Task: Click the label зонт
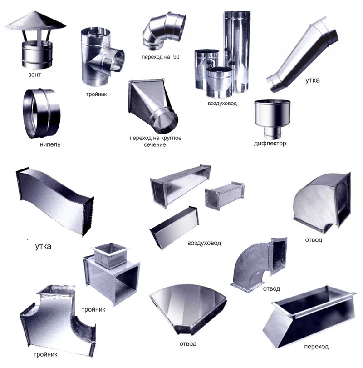[x=34, y=75]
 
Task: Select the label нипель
[x=50, y=144]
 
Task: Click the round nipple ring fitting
[x=41, y=114]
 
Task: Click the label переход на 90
[x=160, y=57]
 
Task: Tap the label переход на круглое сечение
[x=155, y=141]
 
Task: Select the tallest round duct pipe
[x=237, y=52]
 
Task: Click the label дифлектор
[x=270, y=144]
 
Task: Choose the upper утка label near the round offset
[x=312, y=80]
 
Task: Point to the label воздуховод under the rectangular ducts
[x=204, y=243]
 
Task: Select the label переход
[x=316, y=347]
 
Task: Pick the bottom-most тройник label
[x=45, y=355]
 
